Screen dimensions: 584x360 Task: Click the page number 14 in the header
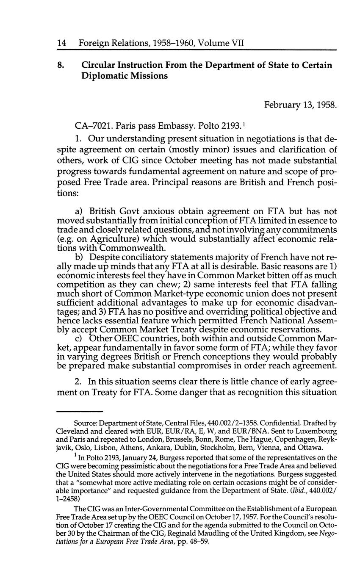pos(61,43)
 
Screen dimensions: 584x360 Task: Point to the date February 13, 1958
pos(300,104)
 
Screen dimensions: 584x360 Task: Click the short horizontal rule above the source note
pos(80,411)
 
